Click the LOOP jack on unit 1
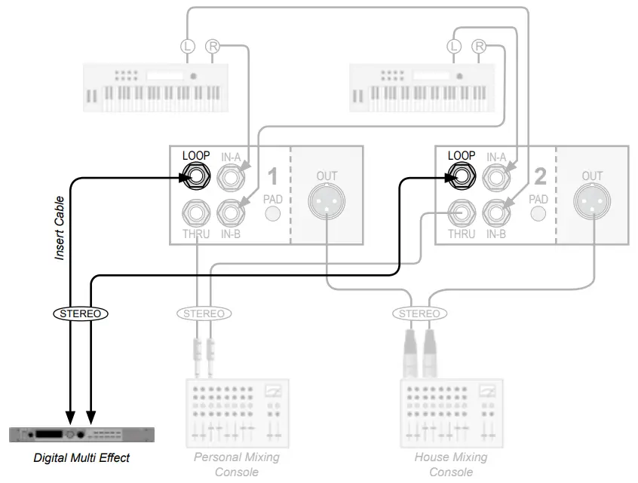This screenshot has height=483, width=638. coord(196,178)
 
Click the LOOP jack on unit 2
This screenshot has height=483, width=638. coord(462,178)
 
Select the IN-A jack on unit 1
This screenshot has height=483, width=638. coord(232,178)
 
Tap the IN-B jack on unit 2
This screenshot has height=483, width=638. coord(496,213)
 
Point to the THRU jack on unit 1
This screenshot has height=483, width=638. coord(196,213)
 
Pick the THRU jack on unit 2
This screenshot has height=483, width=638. coord(462,213)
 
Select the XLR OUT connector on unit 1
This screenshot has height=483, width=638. coord(327,203)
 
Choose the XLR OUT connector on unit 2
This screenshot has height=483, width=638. coord(592,203)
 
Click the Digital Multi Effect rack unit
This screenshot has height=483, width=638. coord(81,435)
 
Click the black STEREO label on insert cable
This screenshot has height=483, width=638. coord(80,312)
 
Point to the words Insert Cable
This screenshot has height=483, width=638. coord(60,228)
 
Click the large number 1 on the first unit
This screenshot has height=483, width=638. coord(273,176)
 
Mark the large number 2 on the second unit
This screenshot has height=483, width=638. coord(540,176)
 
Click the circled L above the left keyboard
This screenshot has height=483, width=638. coord(187,46)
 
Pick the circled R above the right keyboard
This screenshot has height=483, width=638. coord(479,46)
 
